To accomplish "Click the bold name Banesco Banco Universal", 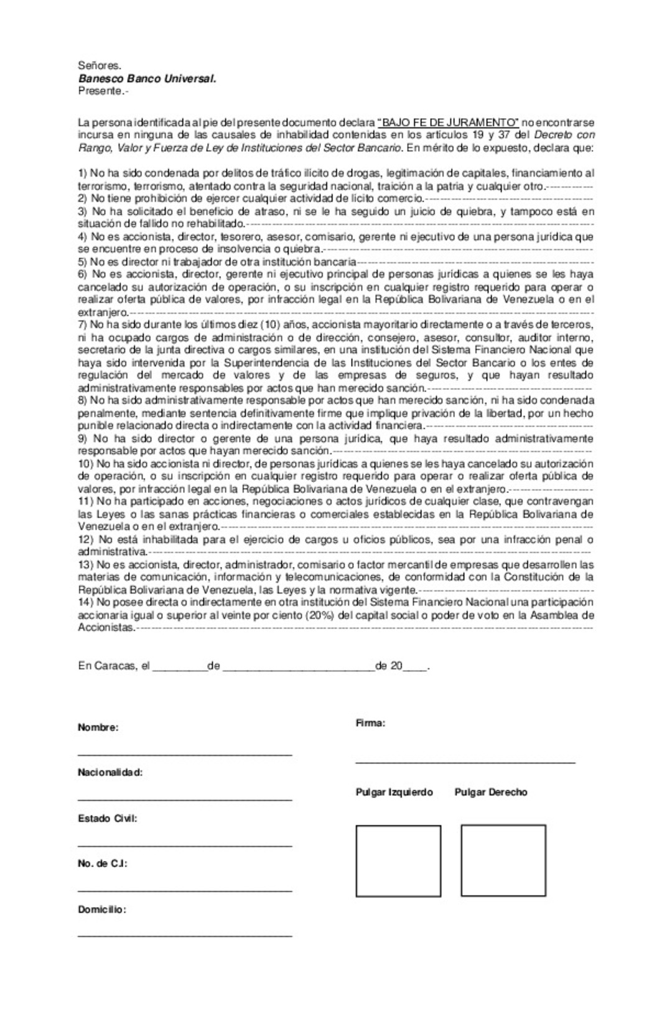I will point(147,79).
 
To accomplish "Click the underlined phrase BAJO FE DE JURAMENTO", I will point(448,122).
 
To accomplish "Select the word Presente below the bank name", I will point(100,91).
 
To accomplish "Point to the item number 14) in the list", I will point(86,602).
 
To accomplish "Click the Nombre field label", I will point(98,727).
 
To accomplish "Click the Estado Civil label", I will point(107,819).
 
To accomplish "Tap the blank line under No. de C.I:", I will point(185,891).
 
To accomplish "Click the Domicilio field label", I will point(101,910).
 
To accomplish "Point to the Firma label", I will point(370,723).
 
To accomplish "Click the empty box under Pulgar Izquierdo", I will point(398,860).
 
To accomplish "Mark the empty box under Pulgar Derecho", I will point(503,860).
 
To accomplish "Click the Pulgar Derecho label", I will point(491,792).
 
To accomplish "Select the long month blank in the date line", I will point(298,669).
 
